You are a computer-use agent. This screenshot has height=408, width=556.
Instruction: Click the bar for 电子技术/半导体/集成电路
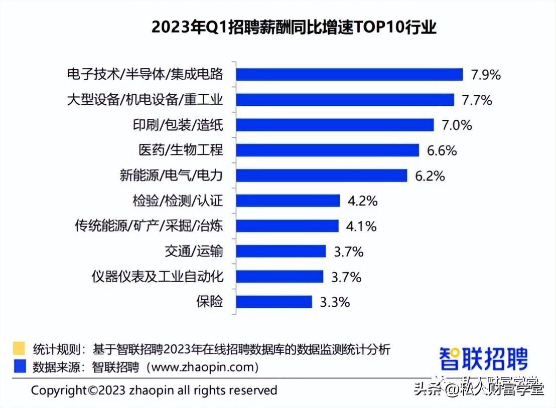(349, 75)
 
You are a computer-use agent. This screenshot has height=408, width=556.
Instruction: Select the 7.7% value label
(477, 100)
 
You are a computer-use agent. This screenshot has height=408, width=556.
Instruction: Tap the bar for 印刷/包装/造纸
(335, 125)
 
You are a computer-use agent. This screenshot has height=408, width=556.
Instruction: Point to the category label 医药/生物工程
(181, 150)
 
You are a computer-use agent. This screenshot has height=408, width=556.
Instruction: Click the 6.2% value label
(430, 176)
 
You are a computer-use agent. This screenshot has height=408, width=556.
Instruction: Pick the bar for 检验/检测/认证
(288, 201)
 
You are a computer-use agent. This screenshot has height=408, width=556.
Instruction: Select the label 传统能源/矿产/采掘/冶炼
(149, 226)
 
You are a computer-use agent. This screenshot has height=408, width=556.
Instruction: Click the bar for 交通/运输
(281, 252)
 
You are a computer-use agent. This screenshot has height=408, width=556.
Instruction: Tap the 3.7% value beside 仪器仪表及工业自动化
(346, 277)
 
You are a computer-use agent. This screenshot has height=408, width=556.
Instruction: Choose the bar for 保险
(274, 302)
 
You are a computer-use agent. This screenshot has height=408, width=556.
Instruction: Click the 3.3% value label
(335, 302)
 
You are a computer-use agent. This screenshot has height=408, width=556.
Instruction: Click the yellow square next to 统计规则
(19, 348)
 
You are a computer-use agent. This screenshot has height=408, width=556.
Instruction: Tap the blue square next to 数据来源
(19, 366)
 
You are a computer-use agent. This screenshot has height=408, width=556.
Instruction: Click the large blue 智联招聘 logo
(484, 358)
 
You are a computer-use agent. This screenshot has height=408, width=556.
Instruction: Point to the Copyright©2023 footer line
(154, 390)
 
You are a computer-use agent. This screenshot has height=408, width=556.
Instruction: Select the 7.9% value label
(486, 75)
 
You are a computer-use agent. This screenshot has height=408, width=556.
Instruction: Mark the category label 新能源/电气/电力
(171, 176)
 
